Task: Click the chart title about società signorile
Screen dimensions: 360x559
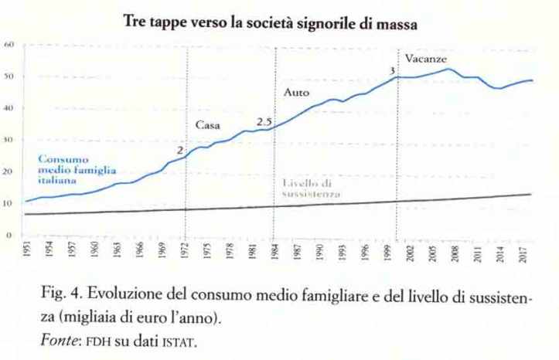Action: coord(271,24)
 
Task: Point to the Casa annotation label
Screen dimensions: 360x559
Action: coord(206,125)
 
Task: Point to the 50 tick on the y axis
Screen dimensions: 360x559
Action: coord(10,76)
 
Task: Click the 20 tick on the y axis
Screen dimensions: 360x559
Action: coord(10,172)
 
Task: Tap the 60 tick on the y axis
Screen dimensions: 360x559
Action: coord(10,45)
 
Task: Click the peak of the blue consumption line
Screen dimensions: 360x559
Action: coord(449,70)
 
